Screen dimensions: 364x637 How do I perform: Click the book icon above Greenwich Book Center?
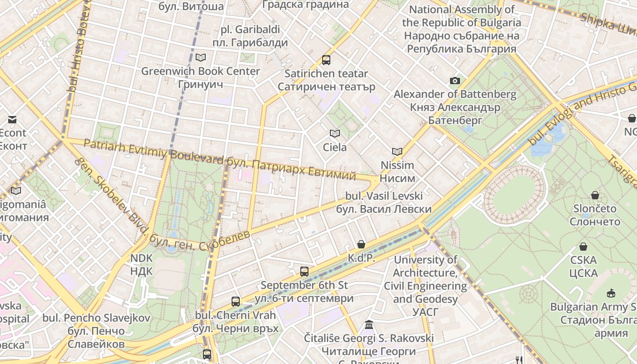pyautogui.click(x=200, y=57)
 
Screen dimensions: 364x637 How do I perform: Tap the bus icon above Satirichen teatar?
pyautogui.click(x=326, y=60)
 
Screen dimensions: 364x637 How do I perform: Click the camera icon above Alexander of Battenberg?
pyautogui.click(x=455, y=81)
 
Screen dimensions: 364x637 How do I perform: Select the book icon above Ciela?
pyautogui.click(x=335, y=133)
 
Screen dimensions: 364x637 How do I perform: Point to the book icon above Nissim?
pyautogui.click(x=397, y=152)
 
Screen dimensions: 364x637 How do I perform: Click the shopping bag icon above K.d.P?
pyautogui.click(x=361, y=244)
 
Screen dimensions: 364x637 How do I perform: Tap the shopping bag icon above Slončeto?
pyautogui.click(x=595, y=195)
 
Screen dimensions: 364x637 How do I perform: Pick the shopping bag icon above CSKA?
pyautogui.click(x=583, y=247)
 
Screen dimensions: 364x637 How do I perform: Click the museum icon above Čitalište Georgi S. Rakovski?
pyautogui.click(x=369, y=325)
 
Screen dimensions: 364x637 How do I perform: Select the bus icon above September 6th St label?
pyautogui.click(x=304, y=272)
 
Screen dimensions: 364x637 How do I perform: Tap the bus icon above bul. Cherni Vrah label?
pyautogui.click(x=236, y=301)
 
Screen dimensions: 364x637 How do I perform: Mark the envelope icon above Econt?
pyautogui.click(x=12, y=120)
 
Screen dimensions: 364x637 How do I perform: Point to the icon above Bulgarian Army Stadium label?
pyautogui.click(x=611, y=293)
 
